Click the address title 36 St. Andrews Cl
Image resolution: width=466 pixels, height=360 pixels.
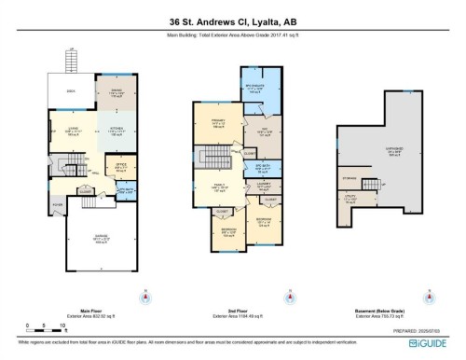coord(232,20)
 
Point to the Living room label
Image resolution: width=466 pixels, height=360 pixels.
coord(73,131)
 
